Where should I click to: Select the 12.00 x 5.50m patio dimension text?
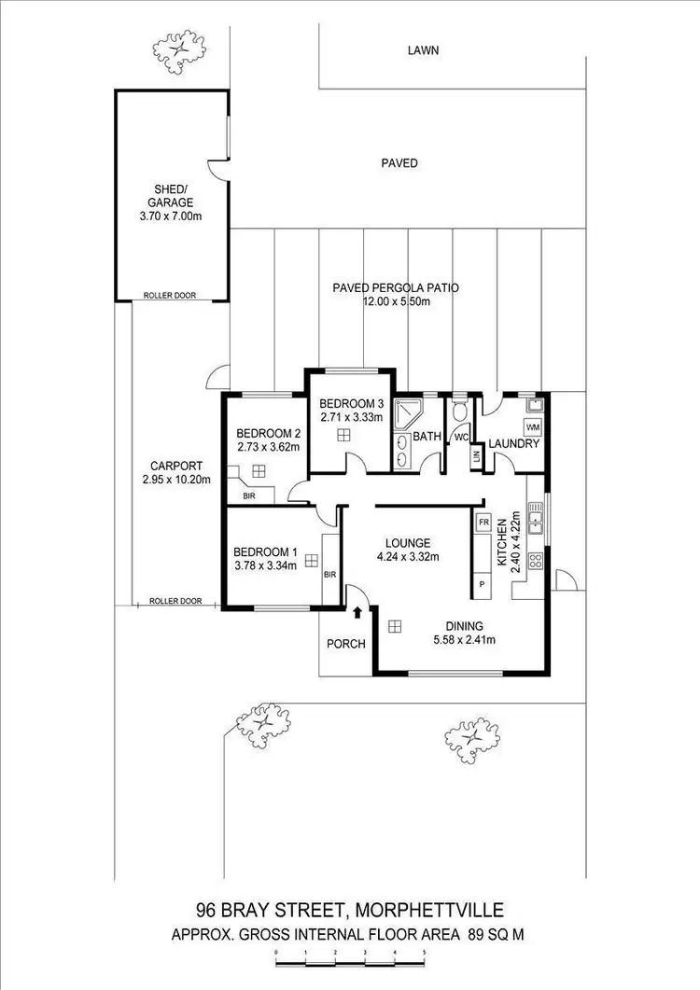(395, 302)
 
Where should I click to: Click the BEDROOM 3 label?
(351, 404)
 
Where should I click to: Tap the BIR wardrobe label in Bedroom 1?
(329, 575)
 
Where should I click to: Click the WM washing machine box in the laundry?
(533, 427)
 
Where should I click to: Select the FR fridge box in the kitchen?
(484, 523)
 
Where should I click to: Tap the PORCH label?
(346, 644)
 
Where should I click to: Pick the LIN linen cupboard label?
(476, 455)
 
